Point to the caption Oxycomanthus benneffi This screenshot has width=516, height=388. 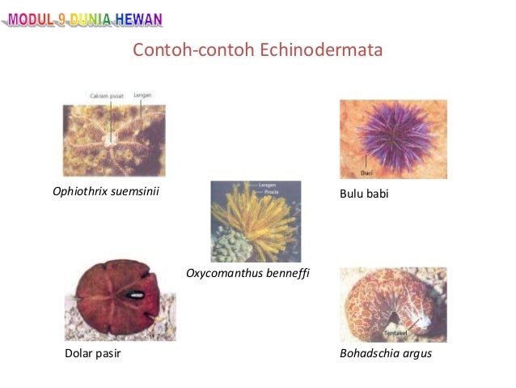(x=248, y=273)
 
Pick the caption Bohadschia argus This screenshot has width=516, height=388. (x=386, y=353)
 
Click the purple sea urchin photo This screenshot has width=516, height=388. (x=392, y=139)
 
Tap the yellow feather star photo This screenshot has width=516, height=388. (x=256, y=220)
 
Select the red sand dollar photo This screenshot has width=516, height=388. (x=120, y=301)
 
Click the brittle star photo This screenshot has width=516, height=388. (x=114, y=140)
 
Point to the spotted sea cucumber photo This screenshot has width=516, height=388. (x=392, y=305)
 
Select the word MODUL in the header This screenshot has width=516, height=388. (x=29, y=18)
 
